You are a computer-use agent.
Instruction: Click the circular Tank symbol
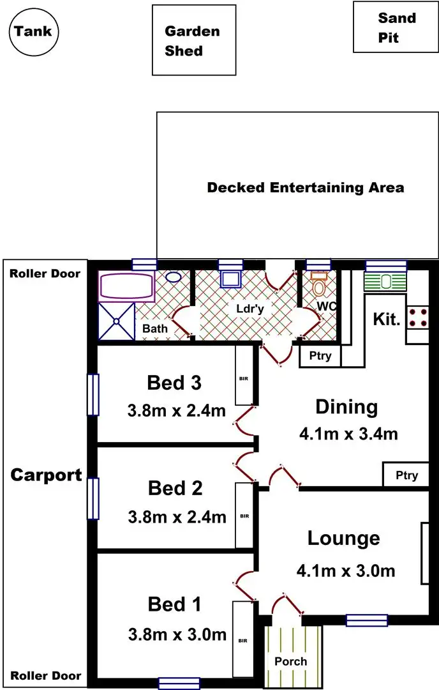(x=34, y=31)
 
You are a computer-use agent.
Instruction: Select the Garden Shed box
(x=193, y=40)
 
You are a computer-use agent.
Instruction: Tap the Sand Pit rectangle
(x=396, y=27)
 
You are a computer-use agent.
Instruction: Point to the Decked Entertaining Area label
(x=305, y=188)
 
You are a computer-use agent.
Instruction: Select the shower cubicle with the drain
(x=116, y=321)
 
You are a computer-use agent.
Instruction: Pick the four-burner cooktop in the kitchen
(x=418, y=318)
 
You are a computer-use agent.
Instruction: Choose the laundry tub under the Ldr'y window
(x=230, y=279)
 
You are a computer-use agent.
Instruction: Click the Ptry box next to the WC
(x=320, y=356)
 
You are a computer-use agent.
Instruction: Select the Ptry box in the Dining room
(x=406, y=475)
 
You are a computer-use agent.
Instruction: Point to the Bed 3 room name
(x=174, y=383)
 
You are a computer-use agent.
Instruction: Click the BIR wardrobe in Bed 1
(x=243, y=640)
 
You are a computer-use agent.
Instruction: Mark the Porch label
(x=291, y=661)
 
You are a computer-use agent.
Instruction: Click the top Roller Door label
(x=45, y=273)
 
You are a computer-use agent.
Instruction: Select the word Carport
(x=46, y=475)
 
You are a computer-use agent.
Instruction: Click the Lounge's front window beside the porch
(x=366, y=620)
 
